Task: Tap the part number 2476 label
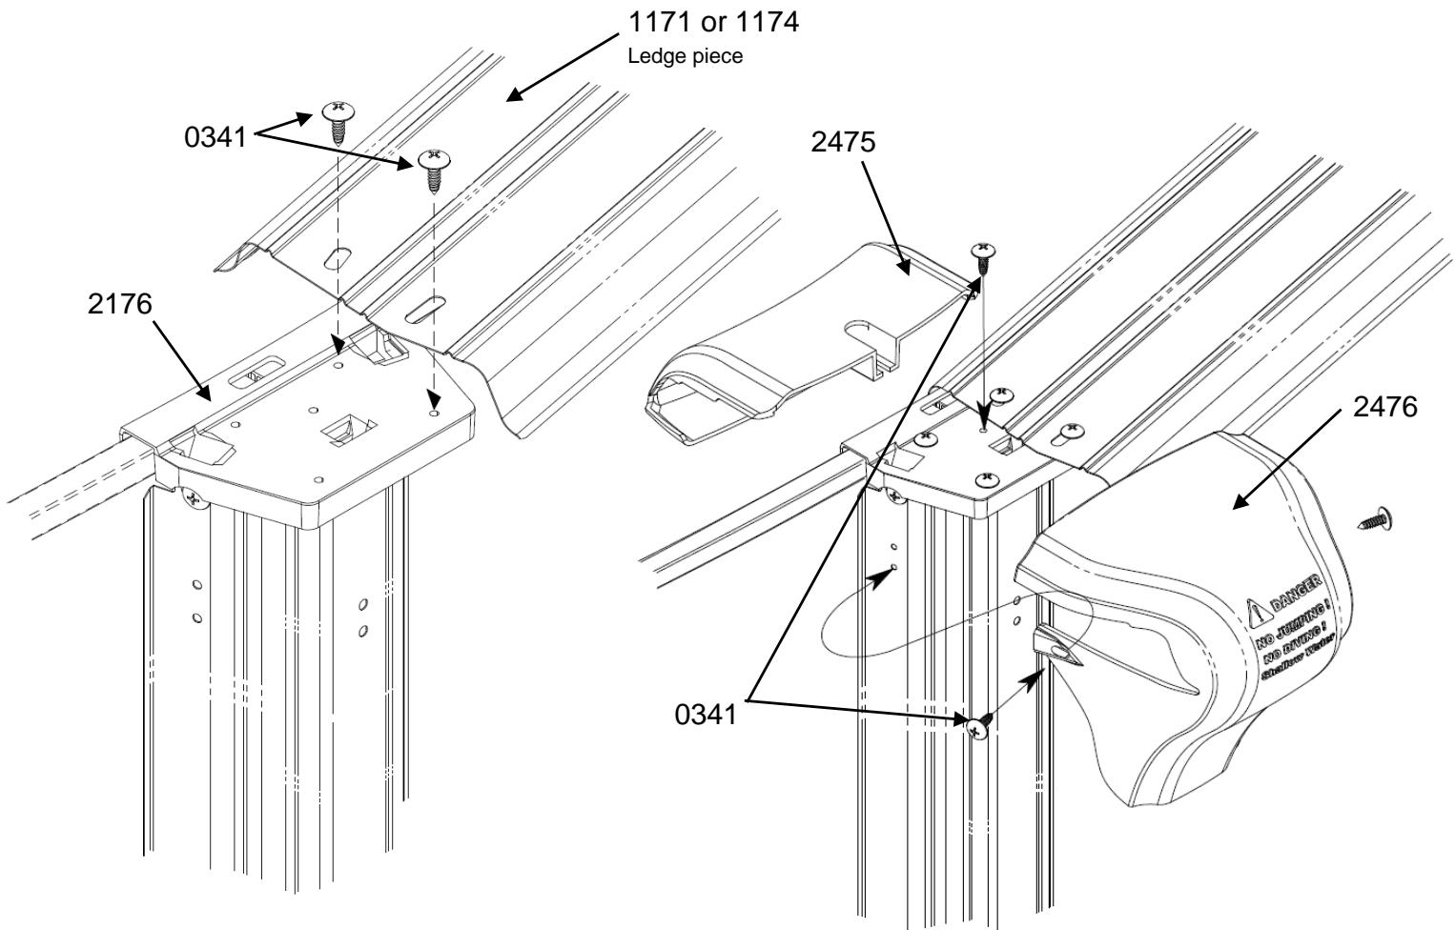click(1383, 407)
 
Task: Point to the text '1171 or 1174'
click(712, 23)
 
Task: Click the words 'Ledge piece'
click(685, 56)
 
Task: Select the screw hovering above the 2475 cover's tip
click(983, 253)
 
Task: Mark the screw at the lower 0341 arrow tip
click(977, 728)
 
